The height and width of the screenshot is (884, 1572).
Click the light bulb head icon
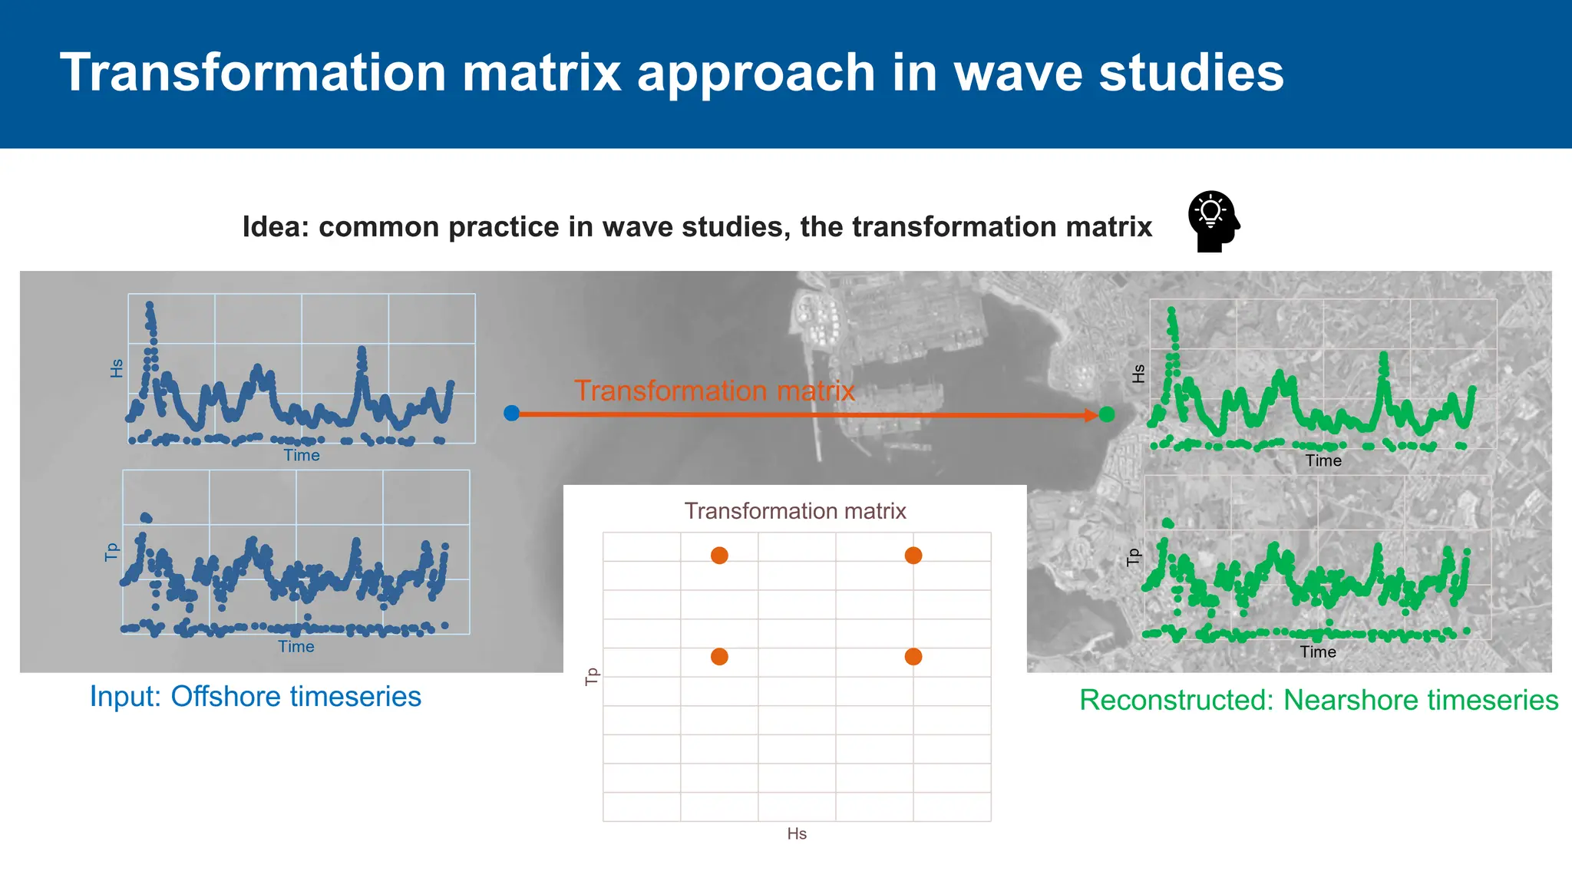click(x=1213, y=221)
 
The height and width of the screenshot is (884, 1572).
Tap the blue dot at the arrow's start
click(x=512, y=414)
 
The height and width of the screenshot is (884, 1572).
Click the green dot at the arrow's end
click(x=1107, y=414)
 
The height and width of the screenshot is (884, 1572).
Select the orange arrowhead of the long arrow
click(x=1091, y=415)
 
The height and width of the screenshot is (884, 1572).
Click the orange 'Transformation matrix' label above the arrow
click(x=714, y=391)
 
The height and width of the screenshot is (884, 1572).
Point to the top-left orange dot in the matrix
click(x=719, y=556)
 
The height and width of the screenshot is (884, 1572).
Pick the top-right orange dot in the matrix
click(x=913, y=556)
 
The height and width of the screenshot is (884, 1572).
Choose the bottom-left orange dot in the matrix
click(x=719, y=657)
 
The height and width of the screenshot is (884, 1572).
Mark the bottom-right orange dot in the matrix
click(x=913, y=657)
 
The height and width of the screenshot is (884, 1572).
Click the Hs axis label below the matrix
click(x=797, y=833)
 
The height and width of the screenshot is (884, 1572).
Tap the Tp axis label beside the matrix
click(x=591, y=676)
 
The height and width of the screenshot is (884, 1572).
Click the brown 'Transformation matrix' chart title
click(x=795, y=511)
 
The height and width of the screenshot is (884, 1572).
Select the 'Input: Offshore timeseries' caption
click(x=256, y=697)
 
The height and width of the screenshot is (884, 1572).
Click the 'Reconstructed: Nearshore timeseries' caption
click(x=1319, y=700)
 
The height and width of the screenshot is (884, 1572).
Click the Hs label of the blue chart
click(x=117, y=368)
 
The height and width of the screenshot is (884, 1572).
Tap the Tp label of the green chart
click(x=1133, y=557)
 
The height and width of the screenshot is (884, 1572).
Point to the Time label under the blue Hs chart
click(x=302, y=455)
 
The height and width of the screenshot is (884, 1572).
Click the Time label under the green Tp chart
click(x=1318, y=651)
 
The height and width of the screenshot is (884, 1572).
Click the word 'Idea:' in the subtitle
click(x=275, y=227)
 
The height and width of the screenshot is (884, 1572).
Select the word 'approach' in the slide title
click(x=756, y=73)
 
